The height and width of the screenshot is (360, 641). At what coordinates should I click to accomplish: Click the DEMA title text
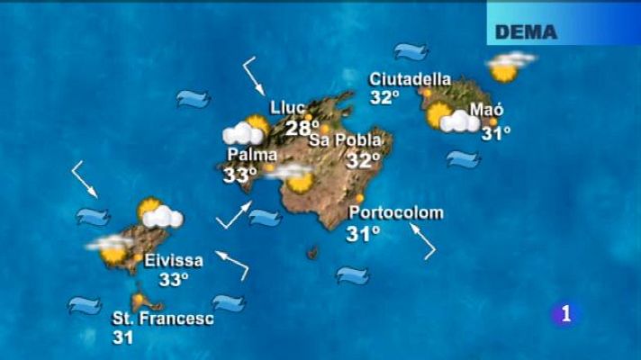(x=527, y=32)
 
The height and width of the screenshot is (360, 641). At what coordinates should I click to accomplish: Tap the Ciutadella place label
(x=410, y=79)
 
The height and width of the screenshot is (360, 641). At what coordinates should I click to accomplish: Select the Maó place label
(x=487, y=110)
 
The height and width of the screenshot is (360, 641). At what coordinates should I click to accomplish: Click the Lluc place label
(x=287, y=108)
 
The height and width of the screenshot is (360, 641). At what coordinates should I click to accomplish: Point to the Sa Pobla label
(x=345, y=140)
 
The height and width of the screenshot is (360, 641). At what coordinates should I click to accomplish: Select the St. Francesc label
(x=163, y=319)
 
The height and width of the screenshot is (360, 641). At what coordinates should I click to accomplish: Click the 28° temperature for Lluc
(x=302, y=128)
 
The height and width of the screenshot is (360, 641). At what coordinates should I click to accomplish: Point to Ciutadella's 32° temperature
(x=384, y=97)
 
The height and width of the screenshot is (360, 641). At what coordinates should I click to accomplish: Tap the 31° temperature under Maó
(x=495, y=133)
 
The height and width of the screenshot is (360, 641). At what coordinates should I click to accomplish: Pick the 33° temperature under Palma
(x=240, y=175)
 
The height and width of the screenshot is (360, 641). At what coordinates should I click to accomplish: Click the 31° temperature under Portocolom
(x=363, y=234)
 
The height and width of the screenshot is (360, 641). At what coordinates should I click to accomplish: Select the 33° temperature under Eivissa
(x=174, y=280)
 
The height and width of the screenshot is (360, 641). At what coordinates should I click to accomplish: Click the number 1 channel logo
(x=565, y=314)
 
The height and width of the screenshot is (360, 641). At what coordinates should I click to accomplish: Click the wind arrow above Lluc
(x=253, y=76)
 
